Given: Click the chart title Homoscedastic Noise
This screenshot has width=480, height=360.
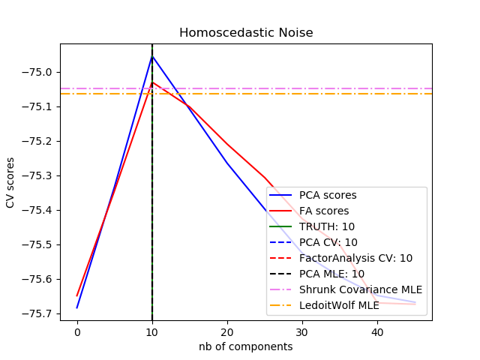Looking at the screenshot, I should (x=245, y=33).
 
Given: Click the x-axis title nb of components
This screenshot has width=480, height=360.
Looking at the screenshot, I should (x=245, y=346).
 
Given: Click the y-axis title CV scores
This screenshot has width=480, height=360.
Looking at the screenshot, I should (x=10, y=182).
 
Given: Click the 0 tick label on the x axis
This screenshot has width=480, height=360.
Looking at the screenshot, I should (x=77, y=331).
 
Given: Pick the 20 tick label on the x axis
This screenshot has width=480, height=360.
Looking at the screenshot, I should (x=227, y=331).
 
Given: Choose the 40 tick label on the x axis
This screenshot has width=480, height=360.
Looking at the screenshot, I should (x=377, y=331).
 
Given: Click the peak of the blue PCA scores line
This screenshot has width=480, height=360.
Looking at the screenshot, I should (x=152, y=55).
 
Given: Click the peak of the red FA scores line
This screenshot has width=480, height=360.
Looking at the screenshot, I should (x=152, y=82).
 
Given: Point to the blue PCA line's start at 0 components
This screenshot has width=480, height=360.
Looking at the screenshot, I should (x=77, y=307).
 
